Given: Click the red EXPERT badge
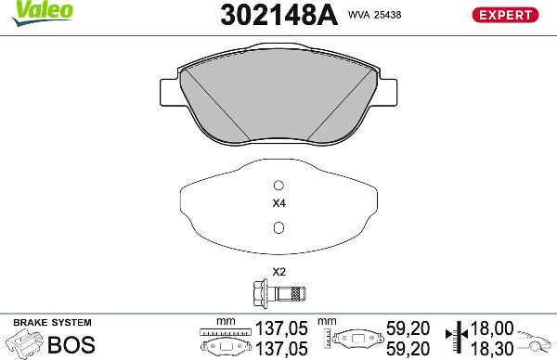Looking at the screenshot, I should tap(505, 14).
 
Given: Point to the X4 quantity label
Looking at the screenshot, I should tap(278, 203).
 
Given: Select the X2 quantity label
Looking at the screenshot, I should tap(278, 272).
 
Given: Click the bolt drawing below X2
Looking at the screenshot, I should tap(278, 294).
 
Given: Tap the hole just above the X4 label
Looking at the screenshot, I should tap(278, 183).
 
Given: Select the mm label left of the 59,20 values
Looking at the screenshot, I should tap(326, 320).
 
